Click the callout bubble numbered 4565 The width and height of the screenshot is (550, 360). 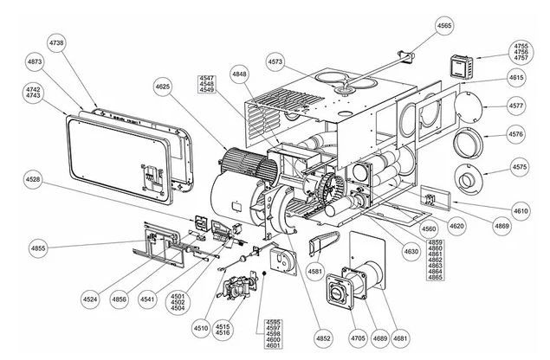click(x=443, y=26)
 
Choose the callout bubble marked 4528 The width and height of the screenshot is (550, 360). click(x=33, y=179)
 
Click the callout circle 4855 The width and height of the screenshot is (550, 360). click(x=38, y=248)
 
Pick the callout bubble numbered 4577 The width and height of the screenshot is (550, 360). click(x=516, y=106)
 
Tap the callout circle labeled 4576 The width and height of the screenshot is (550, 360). click(x=516, y=135)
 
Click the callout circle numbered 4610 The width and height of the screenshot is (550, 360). click(x=521, y=210)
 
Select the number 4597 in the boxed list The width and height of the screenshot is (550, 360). click(x=275, y=327)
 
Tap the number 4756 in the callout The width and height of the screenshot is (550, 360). click(x=521, y=52)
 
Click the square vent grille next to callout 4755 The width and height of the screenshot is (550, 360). click(x=462, y=65)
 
